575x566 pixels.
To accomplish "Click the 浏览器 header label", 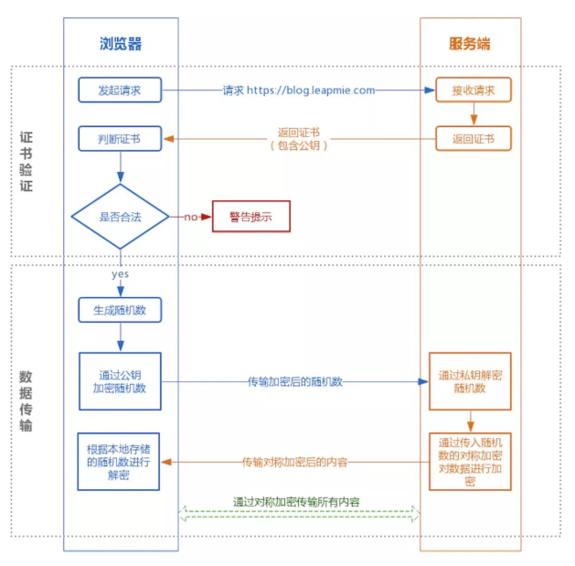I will pyautogui.click(x=121, y=44).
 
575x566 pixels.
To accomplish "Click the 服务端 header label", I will pyautogui.click(x=469, y=44).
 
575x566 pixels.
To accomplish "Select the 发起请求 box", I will pyautogui.click(x=120, y=90).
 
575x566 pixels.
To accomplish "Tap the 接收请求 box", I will pyautogui.click(x=472, y=90).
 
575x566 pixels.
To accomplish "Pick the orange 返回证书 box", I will pyautogui.click(x=472, y=139).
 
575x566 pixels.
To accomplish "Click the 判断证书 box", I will pyautogui.click(x=120, y=139).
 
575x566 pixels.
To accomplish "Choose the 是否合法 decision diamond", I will pyautogui.click(x=121, y=217).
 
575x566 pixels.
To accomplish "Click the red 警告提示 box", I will pyautogui.click(x=250, y=217).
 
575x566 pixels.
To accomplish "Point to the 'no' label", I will pyautogui.click(x=191, y=217).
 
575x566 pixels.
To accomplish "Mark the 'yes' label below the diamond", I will pyautogui.click(x=121, y=273).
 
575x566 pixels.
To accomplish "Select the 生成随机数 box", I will pyautogui.click(x=120, y=310).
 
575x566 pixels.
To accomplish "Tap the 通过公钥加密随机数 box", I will pyautogui.click(x=120, y=381).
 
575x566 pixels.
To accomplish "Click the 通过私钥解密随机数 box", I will pyautogui.click(x=470, y=381).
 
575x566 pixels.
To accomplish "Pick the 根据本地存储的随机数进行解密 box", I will pyautogui.click(x=120, y=462).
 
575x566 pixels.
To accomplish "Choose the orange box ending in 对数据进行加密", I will pyautogui.click(x=470, y=461).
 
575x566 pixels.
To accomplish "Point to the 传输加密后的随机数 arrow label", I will pyautogui.click(x=294, y=381).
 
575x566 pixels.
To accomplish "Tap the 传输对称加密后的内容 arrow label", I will pyautogui.click(x=294, y=462).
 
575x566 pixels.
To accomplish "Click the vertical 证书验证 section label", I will pyautogui.click(x=27, y=161).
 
